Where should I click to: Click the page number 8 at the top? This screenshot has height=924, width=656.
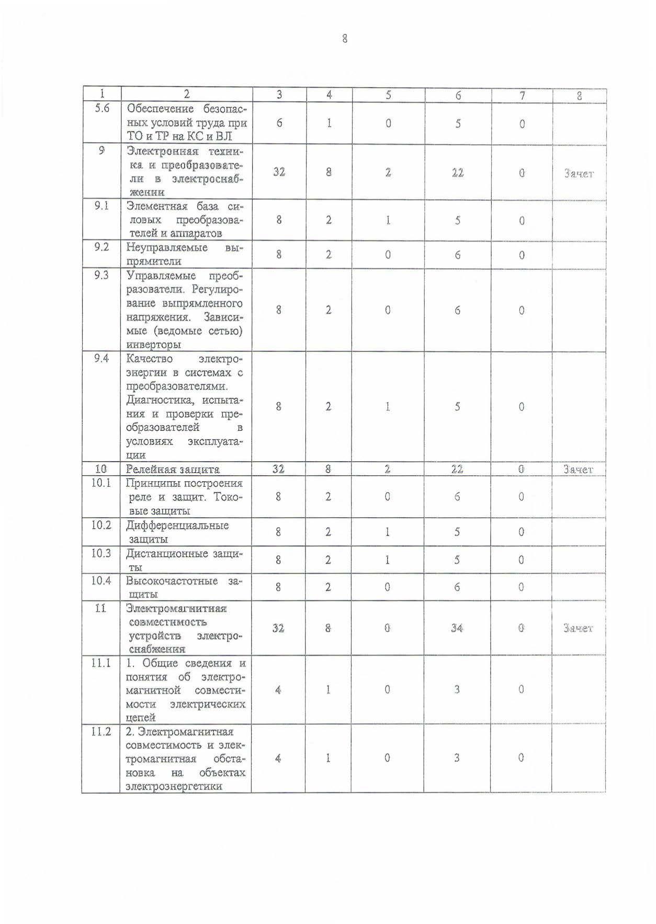click(x=344, y=38)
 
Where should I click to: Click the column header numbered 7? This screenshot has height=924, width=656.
click(x=522, y=95)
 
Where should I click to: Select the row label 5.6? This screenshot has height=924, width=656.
click(x=101, y=109)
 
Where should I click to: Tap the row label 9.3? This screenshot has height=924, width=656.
click(x=101, y=275)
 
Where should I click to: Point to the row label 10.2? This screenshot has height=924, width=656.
click(x=101, y=524)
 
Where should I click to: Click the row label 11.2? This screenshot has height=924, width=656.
click(x=101, y=732)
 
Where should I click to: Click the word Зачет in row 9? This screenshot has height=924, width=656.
click(x=579, y=174)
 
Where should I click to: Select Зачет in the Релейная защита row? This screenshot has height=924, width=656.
click(x=579, y=470)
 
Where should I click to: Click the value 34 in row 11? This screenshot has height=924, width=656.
click(x=457, y=628)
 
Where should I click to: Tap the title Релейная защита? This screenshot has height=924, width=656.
click(x=173, y=470)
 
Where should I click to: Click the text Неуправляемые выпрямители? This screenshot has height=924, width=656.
click(x=185, y=254)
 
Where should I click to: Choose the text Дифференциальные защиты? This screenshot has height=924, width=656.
click(x=177, y=532)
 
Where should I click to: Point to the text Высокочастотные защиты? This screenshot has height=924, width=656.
click(x=185, y=587)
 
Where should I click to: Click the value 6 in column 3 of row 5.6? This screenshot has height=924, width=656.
click(x=279, y=123)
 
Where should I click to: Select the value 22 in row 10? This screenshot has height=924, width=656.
click(x=457, y=470)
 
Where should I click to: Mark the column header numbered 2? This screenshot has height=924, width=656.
click(x=186, y=95)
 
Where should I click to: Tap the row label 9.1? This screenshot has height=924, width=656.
click(x=101, y=206)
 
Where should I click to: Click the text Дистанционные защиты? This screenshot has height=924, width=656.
click(x=185, y=560)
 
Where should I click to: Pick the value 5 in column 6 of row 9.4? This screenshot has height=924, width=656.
click(x=457, y=407)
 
